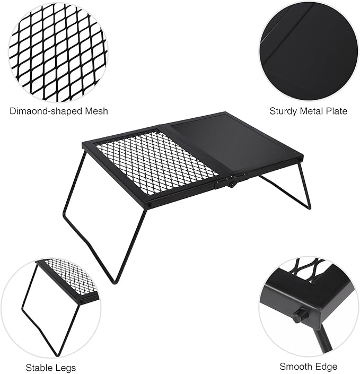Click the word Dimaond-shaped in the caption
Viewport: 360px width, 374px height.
click(41, 111)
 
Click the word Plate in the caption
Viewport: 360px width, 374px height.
click(337, 111)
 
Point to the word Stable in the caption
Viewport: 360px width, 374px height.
click(38, 368)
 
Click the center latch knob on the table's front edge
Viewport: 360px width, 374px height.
click(231, 184)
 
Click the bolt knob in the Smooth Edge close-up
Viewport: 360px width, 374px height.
click(300, 316)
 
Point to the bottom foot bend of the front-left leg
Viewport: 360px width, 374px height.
click(115, 282)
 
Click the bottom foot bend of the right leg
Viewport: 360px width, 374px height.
click(309, 207)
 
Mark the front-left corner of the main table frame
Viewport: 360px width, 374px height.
click(150, 206)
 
